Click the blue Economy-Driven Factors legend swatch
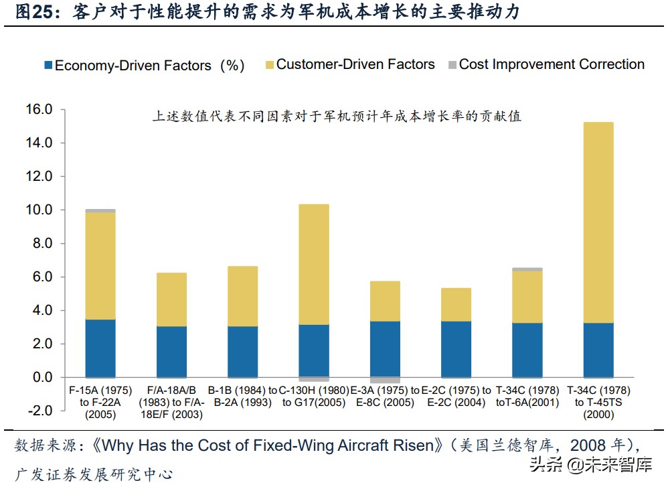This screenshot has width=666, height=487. tap(48, 66)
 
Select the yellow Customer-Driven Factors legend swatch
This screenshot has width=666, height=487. tap(270, 66)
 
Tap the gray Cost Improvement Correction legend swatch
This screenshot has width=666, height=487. tap(452, 66)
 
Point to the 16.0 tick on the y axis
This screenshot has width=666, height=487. tap(39, 110)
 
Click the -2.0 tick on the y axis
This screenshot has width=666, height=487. tap(39, 411)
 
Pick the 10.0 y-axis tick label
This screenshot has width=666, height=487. tap(39, 210)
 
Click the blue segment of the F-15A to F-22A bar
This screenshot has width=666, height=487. tap(100, 348)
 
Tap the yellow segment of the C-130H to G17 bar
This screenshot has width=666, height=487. tap(314, 265)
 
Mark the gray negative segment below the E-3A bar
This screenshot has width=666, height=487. tap(385, 380)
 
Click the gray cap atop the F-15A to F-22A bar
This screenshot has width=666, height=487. tap(100, 210)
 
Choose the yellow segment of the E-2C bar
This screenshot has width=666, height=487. tap(456, 305)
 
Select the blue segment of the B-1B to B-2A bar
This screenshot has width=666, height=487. tap(242, 352)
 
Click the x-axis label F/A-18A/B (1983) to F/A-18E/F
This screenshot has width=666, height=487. tap(171, 402)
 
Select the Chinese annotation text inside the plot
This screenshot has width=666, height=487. tap(337, 117)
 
